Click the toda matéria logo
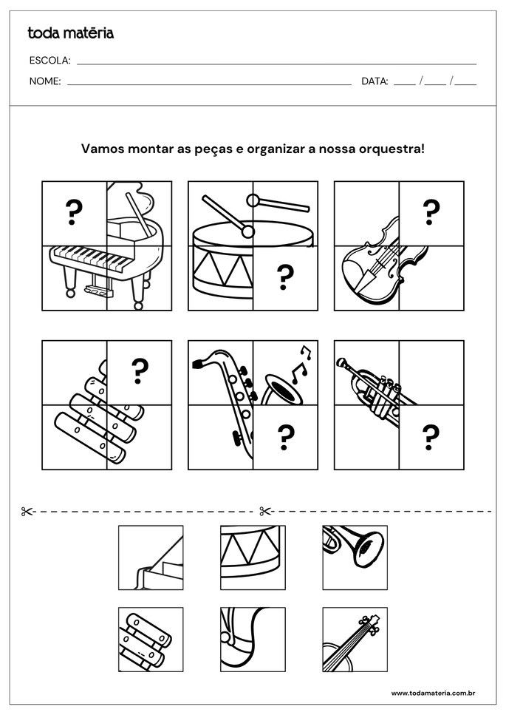70,33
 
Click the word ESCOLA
49,60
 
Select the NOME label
45,81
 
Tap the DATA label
375,81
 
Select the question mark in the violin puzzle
431,213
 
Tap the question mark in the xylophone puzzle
139,372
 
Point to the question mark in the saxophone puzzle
284,436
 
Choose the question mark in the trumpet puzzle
431,436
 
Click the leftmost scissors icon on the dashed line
27,511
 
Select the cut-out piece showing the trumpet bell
355,558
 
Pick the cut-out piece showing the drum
253,558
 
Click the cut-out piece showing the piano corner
151,558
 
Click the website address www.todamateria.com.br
432,693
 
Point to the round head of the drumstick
253,200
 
